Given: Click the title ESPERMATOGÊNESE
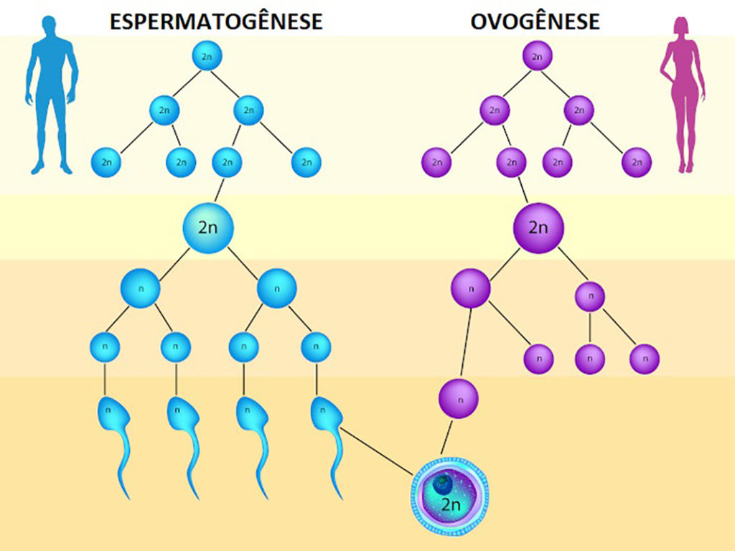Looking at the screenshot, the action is pos(216,22).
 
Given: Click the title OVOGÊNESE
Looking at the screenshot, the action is pos(535,22).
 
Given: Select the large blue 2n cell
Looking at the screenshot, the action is pos(207,228).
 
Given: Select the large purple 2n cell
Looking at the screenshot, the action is pos(538,228).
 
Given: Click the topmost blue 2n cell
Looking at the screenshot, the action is pos(207,56).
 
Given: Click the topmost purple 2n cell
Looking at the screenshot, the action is pos(537,56).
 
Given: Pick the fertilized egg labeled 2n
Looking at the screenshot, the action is pos(450,496).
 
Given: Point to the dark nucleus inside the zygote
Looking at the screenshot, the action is pos(442,484).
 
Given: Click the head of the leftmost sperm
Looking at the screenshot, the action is pos(113,413).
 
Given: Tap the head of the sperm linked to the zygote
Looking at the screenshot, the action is pos(327,413).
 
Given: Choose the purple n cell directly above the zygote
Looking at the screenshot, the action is pos(459,399).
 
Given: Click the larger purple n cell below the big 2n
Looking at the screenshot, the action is pos(471,288).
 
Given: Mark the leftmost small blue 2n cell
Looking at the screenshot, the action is pos(106,162).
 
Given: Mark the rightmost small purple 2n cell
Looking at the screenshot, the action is pos(637,162).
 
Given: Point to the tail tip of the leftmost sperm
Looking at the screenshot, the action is pos(128,498).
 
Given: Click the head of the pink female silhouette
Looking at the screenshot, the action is pos(681,28).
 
